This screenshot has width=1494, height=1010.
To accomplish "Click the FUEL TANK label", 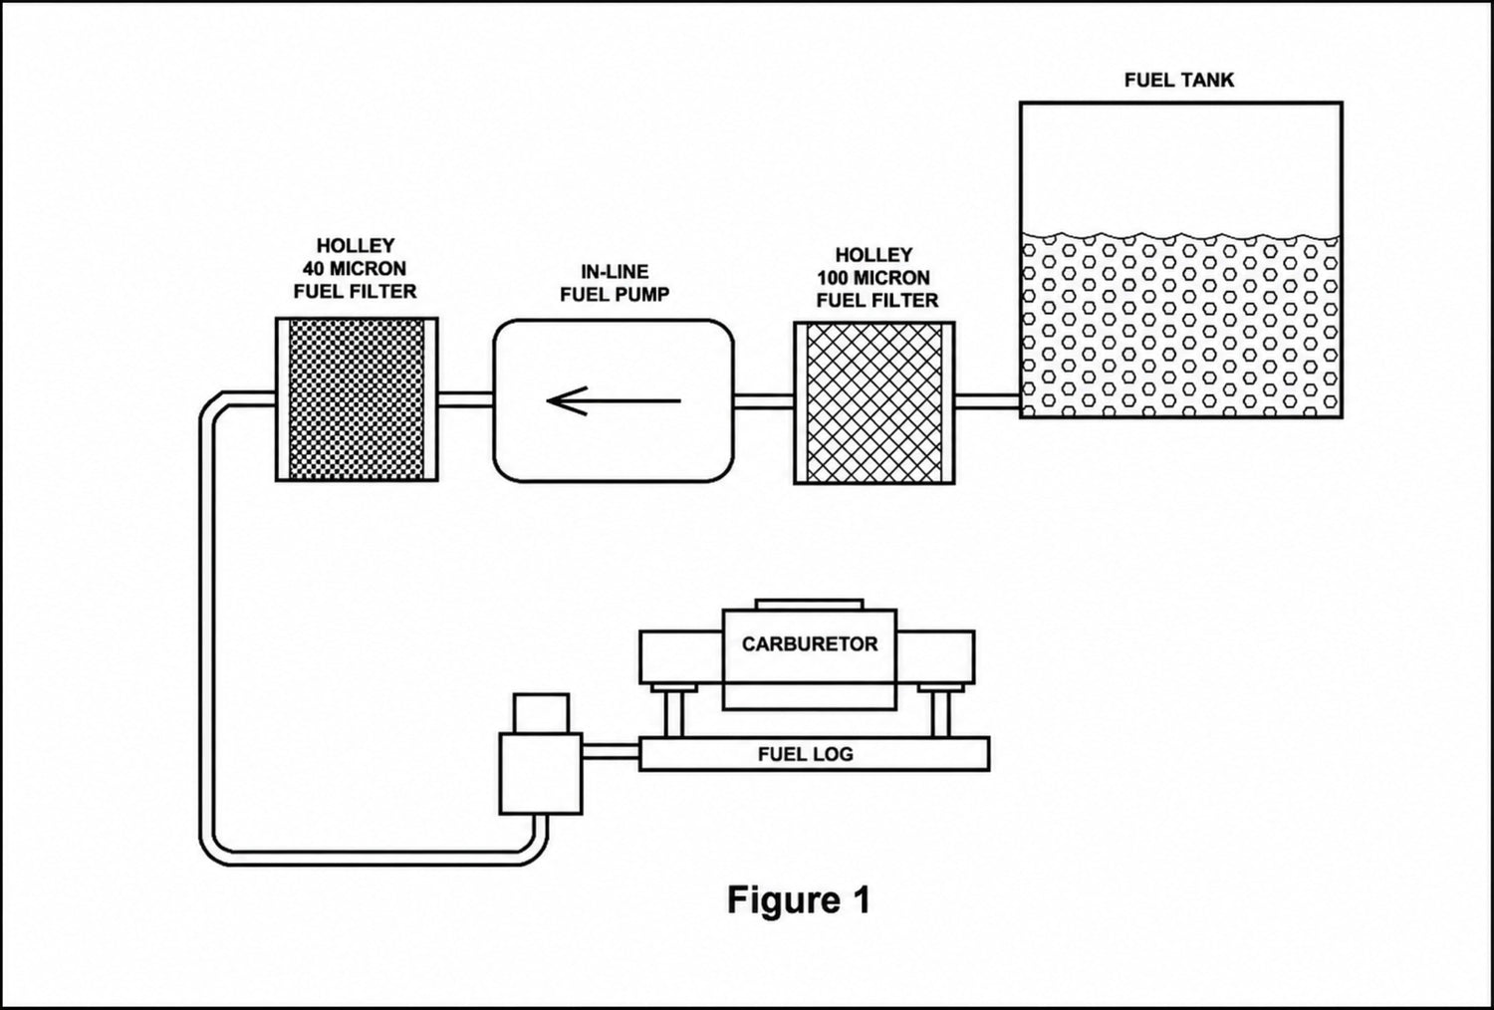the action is click(x=1178, y=80).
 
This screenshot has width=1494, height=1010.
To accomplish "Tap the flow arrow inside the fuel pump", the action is click(x=614, y=401).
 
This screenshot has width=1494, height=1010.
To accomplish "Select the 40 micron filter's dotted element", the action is click(x=357, y=399).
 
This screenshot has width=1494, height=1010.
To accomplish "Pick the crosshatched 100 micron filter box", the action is click(x=874, y=403).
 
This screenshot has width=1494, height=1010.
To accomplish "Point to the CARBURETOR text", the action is click(x=810, y=643).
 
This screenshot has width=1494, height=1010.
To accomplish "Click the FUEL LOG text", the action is click(x=806, y=754).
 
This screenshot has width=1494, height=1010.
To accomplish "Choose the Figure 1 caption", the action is click(x=799, y=899).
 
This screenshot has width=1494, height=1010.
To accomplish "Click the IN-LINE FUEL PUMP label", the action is click(x=615, y=283).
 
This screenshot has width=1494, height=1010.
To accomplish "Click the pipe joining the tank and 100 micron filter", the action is click(x=987, y=401).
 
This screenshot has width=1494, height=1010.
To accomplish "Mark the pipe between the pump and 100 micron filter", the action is click(x=764, y=401).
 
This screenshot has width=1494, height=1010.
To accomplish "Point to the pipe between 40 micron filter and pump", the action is click(x=465, y=399).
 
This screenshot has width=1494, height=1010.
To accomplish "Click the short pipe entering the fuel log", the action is click(x=611, y=751).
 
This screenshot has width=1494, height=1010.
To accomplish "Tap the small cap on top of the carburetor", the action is click(x=809, y=605).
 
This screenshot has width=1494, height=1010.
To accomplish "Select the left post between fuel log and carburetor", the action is click(x=673, y=711).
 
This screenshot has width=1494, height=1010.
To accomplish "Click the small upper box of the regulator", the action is click(x=542, y=714).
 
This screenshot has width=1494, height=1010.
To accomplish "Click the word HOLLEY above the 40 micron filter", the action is click(x=356, y=245).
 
